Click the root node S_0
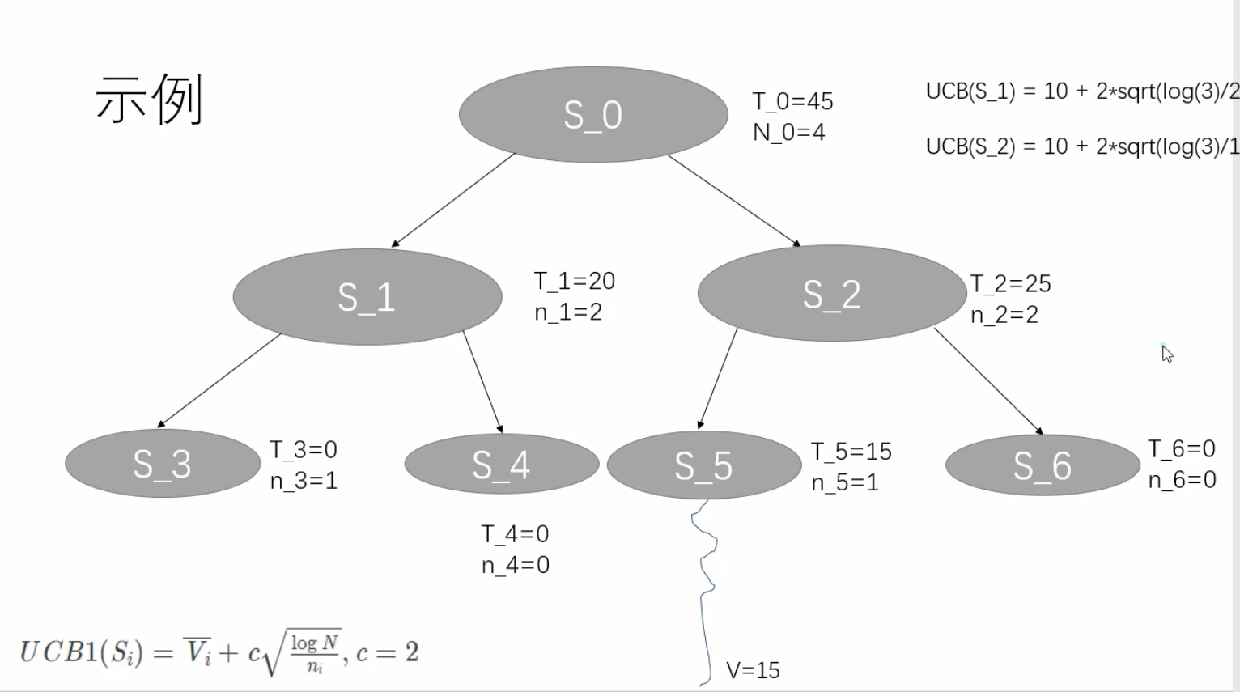tap(593, 115)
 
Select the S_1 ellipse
tap(367, 297)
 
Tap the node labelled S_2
tap(831, 294)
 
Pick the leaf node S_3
tap(163, 464)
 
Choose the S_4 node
tap(501, 465)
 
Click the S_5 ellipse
tap(703, 465)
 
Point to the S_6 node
tap(1043, 465)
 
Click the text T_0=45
tap(792, 101)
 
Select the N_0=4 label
tap(788, 132)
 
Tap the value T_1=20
tap(574, 281)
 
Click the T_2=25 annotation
tap(1010, 283)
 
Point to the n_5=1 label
tap(844, 482)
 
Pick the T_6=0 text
tap(1181, 448)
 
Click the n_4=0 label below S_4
tap(515, 564)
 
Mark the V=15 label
tap(753, 670)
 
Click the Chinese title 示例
tap(149, 100)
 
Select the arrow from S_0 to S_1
tap(453, 199)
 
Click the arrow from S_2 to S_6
tap(988, 381)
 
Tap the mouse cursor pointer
tap(1166, 353)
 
